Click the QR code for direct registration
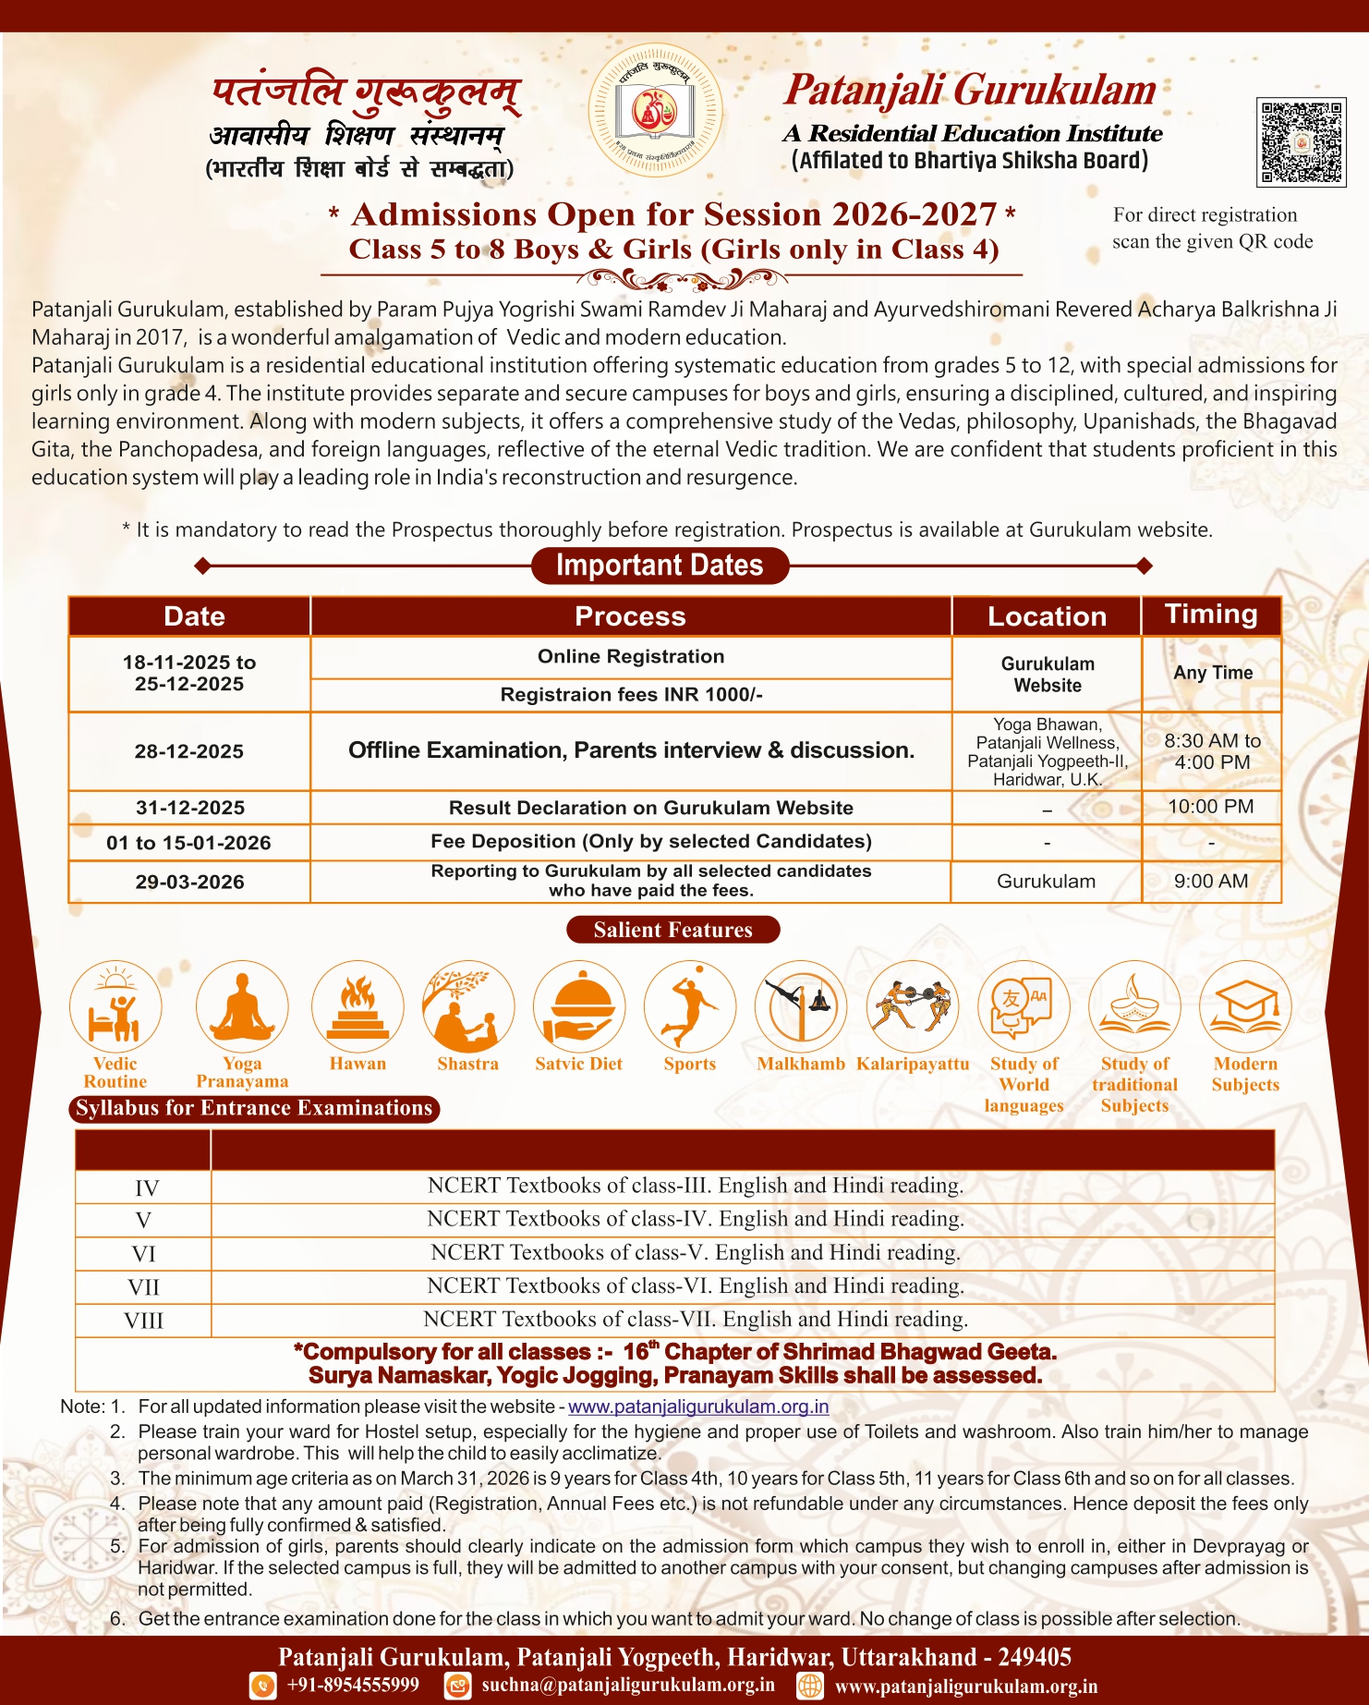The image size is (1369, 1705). pos(1301,142)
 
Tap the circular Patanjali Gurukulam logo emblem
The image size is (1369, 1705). pos(656,111)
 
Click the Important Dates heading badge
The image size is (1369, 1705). pos(660,566)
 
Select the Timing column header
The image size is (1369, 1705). pos(1211,615)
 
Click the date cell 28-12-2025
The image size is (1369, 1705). pos(189,751)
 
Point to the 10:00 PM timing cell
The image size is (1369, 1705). pos(1211,807)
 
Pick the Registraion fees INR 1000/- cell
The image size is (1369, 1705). pos(631,695)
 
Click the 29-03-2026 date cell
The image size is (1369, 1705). pos(189,882)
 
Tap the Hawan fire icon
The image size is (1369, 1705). pos(357,1006)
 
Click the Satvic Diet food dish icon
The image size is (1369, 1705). pos(579,1006)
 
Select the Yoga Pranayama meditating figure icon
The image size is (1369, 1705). pos(242,1006)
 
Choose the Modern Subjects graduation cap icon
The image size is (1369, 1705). pos(1245,1006)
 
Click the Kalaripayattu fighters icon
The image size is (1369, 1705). pos(913,1006)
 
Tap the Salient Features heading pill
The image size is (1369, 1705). pos(672,930)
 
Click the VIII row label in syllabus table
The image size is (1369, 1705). pos(143,1321)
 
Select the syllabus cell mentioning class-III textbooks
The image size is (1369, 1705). pos(696,1186)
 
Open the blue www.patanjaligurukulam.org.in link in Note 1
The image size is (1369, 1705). pos(697,1407)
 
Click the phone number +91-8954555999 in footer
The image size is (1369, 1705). pos(353,1685)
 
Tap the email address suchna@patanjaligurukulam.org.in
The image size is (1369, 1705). pos(628,1685)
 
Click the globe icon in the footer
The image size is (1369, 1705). pos(810,1686)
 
